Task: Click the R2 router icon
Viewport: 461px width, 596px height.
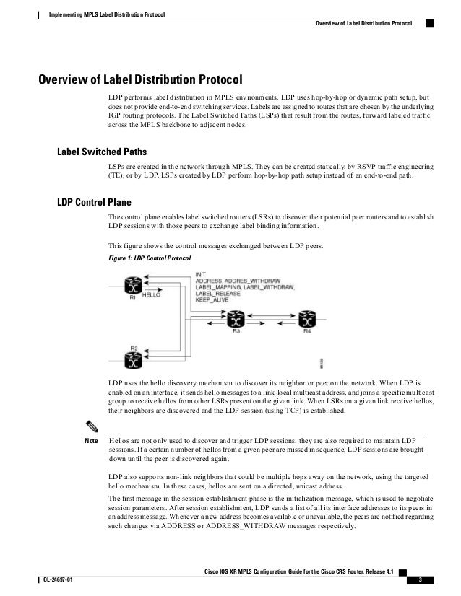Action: point(133,358)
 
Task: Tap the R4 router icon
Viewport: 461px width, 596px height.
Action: point(307,320)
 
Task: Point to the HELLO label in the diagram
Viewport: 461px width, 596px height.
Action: point(151,295)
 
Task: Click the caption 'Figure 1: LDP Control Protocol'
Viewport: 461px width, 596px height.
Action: point(150,258)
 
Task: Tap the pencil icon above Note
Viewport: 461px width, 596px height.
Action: point(91,426)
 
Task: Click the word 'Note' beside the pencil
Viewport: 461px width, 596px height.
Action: point(91,439)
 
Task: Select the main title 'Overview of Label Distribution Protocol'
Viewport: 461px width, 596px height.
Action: point(139,78)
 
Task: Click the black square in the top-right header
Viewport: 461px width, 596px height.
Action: point(429,22)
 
